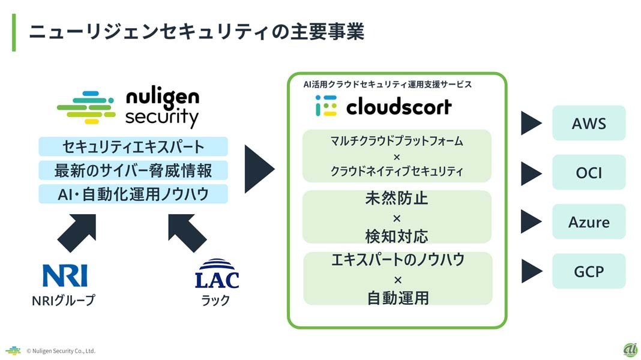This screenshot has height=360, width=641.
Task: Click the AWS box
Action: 588,124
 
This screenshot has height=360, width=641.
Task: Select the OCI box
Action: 588,173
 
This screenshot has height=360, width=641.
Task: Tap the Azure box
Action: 588,222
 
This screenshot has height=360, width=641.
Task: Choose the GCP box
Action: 588,271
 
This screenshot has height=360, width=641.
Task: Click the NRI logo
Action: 64,274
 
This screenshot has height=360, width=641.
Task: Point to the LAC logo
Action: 217,274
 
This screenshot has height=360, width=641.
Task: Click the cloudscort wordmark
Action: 399,107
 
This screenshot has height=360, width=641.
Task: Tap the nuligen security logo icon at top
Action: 86,107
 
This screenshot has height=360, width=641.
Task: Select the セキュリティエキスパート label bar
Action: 133,146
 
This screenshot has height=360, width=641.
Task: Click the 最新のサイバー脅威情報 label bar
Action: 133,170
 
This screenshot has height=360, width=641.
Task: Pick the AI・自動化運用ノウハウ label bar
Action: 133,194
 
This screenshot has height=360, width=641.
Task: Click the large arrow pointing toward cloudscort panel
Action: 259,169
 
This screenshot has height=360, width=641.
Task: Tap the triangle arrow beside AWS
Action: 530,124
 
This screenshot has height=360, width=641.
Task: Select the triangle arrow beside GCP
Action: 530,271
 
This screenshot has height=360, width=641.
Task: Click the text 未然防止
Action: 397,199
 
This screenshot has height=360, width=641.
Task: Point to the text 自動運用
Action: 397,297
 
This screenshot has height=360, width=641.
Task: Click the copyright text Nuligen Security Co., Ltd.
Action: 61,351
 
